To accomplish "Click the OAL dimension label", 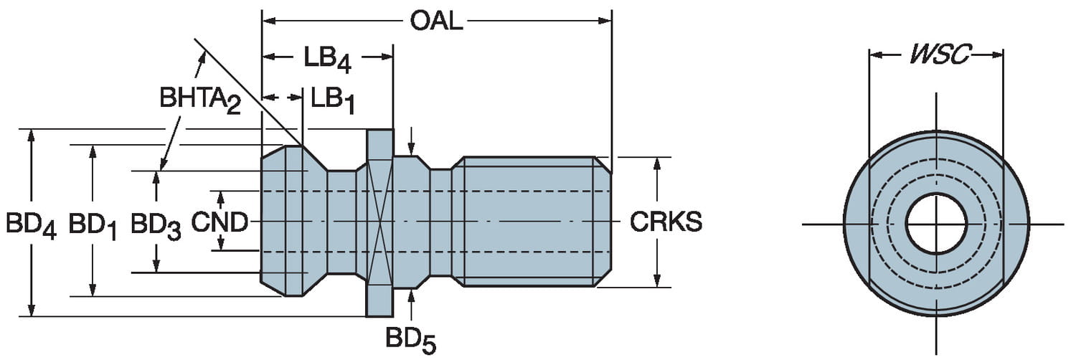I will [436, 22].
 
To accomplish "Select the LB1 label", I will [334, 100].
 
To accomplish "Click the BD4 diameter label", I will [31, 224].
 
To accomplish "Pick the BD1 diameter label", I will [93, 224].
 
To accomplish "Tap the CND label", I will [220, 222].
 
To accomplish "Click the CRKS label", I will [666, 222].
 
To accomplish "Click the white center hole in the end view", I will [935, 224].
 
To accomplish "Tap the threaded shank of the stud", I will [531, 222].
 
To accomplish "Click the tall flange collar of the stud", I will [379, 223].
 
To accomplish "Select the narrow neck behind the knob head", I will [341, 222].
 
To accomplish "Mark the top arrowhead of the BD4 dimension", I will [31, 135].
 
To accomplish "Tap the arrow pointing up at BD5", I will [411, 295].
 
